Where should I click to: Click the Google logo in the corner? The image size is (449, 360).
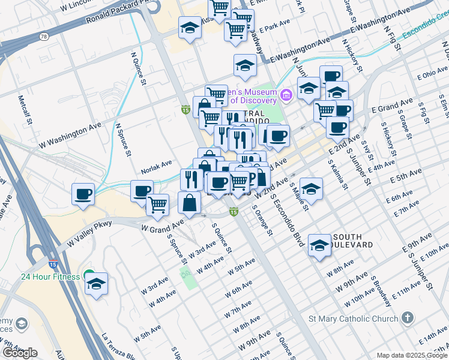(x=20, y=353)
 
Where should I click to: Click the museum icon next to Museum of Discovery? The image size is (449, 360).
(x=286, y=94)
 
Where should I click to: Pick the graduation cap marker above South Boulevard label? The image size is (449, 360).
(x=319, y=245)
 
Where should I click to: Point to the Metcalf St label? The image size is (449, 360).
(x=22, y=109)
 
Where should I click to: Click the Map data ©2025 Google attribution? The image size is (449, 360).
(x=412, y=355)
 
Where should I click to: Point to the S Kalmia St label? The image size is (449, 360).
(x=337, y=175)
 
